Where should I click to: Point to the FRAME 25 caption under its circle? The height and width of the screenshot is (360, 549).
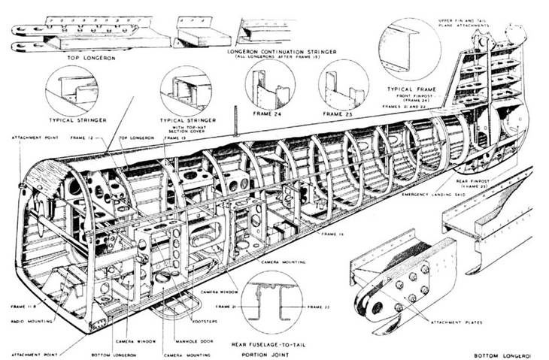344,115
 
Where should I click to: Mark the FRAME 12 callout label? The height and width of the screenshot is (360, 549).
82,138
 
